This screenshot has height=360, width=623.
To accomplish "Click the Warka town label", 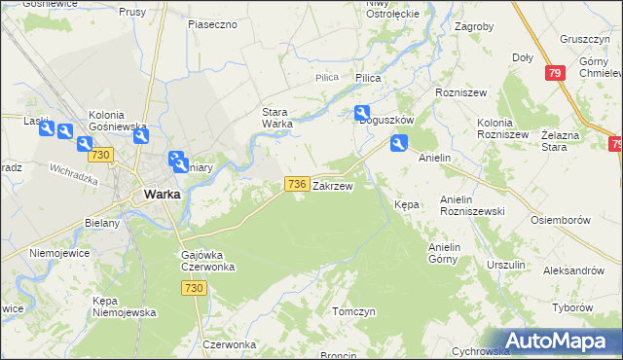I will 161,194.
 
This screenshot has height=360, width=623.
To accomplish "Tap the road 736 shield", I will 297,183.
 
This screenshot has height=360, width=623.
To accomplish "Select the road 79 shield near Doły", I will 555,72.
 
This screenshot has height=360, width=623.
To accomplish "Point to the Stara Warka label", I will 277,117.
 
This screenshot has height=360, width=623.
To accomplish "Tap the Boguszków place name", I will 387,120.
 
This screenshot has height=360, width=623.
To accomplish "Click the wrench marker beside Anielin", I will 398,144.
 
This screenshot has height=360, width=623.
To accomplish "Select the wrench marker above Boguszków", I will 362,114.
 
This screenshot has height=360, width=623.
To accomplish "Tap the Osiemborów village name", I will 562,220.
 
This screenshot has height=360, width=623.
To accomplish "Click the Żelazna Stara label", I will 568,141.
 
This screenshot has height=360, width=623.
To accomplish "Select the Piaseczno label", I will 213,23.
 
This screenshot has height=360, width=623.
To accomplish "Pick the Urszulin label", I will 506,265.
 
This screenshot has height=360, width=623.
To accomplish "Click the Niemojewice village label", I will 59,252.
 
